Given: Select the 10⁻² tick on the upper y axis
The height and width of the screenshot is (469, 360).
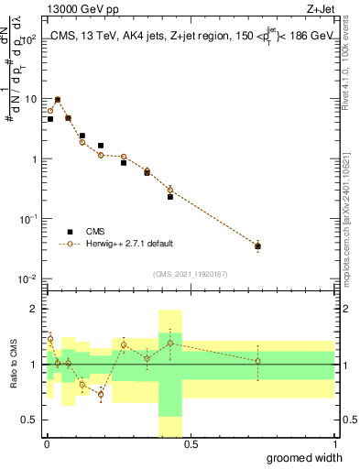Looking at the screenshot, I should tap(30, 278).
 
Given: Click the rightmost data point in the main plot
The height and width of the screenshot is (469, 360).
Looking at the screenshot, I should tap(258, 245).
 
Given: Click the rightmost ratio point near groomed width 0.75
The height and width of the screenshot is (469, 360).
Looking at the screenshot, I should tap(258, 361).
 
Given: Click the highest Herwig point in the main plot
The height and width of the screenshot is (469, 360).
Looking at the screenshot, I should tap(58, 99).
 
